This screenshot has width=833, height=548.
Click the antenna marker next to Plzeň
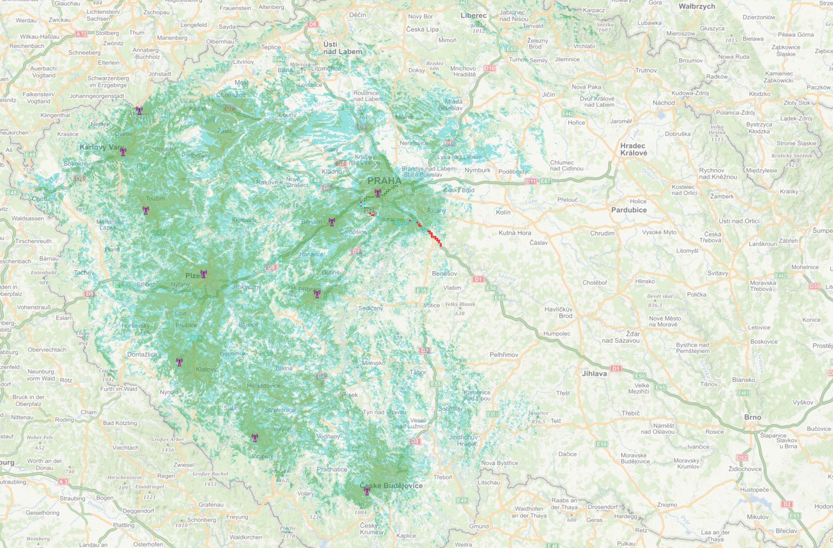[x=204, y=274]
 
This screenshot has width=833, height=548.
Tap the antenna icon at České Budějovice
[x=367, y=491]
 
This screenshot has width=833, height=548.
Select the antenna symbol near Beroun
[x=332, y=222]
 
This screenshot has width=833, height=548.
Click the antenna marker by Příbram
[x=317, y=295]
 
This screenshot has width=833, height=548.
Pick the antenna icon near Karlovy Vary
[x=123, y=152]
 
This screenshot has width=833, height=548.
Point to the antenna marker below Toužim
[x=145, y=211]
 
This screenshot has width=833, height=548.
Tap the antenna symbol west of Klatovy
[x=179, y=362]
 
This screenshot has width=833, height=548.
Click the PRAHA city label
[x=384, y=181]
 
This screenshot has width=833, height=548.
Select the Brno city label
[x=752, y=417]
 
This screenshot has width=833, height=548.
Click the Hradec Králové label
[x=633, y=149]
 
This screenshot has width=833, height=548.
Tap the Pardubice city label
[x=628, y=210]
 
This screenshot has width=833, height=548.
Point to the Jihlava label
[x=594, y=373]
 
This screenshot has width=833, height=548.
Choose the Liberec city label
[x=473, y=15]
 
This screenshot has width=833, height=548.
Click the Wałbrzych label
[x=696, y=6]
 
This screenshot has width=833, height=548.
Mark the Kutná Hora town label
[x=514, y=233]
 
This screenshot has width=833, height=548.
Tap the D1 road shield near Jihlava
[x=616, y=368]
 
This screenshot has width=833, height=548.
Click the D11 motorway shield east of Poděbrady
[x=531, y=181]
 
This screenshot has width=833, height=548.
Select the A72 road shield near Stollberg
[x=81, y=34]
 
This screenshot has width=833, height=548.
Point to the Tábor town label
[x=417, y=372]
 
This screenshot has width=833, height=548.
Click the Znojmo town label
[x=667, y=504]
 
